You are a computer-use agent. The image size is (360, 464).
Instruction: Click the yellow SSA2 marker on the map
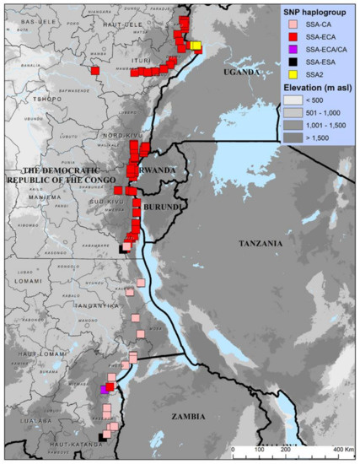(x=196, y=45)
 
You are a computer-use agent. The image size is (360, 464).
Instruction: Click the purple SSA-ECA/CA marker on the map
(x=104, y=390)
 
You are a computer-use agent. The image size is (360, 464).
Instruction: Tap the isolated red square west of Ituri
(x=95, y=71)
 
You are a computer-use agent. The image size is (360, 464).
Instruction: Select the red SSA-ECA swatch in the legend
(x=285, y=36)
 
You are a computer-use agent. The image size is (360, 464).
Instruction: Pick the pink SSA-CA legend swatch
(x=285, y=24)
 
